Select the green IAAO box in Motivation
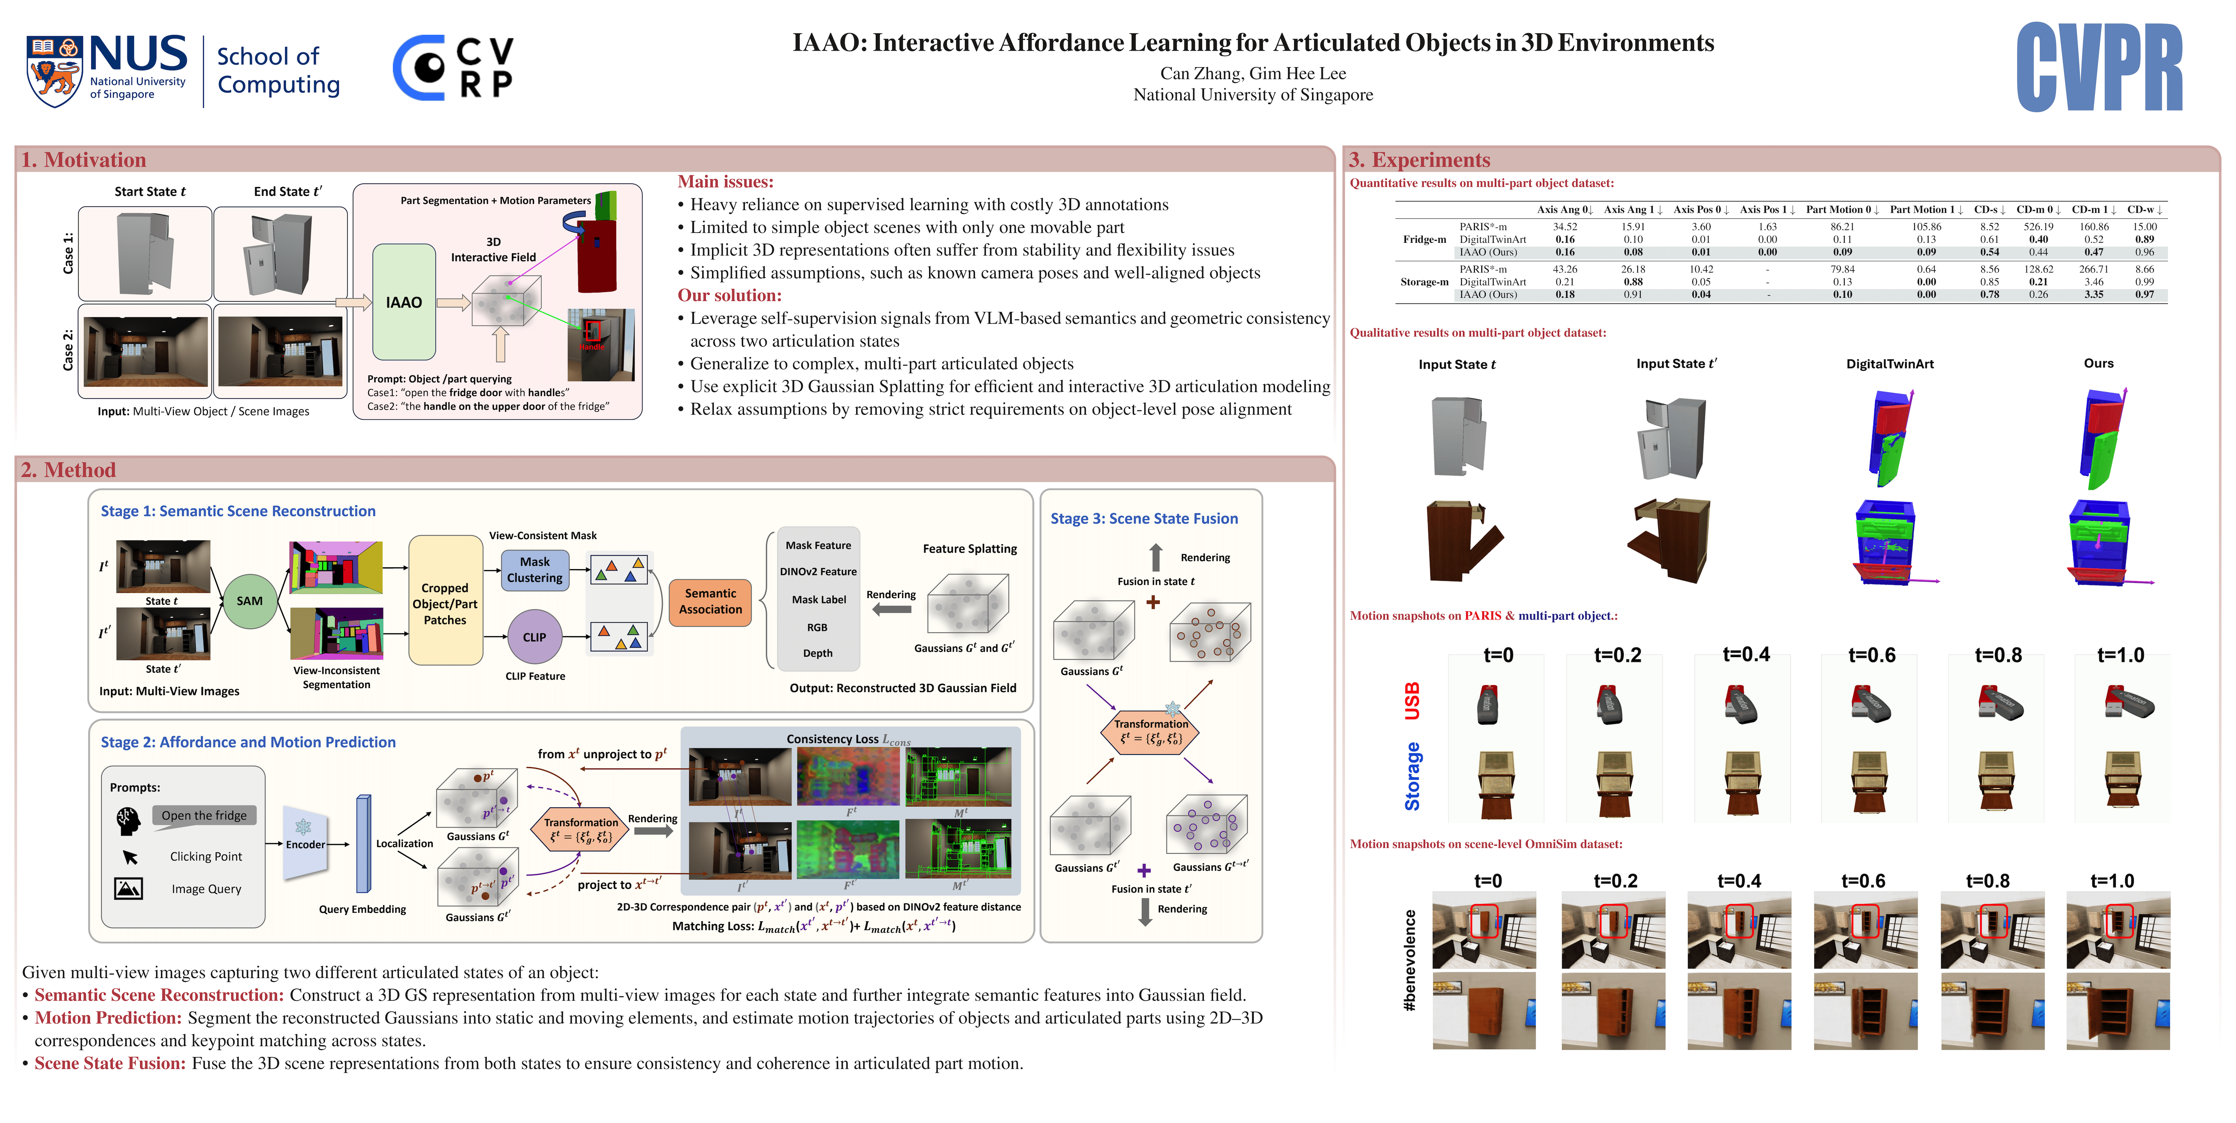(404, 302)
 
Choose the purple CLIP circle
(534, 637)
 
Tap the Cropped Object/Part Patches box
(445, 603)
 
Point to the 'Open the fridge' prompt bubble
(204, 815)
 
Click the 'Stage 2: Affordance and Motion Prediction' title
(248, 742)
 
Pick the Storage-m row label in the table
(1424, 282)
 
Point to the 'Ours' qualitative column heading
(2098, 364)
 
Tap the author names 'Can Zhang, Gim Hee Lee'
(1253, 74)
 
